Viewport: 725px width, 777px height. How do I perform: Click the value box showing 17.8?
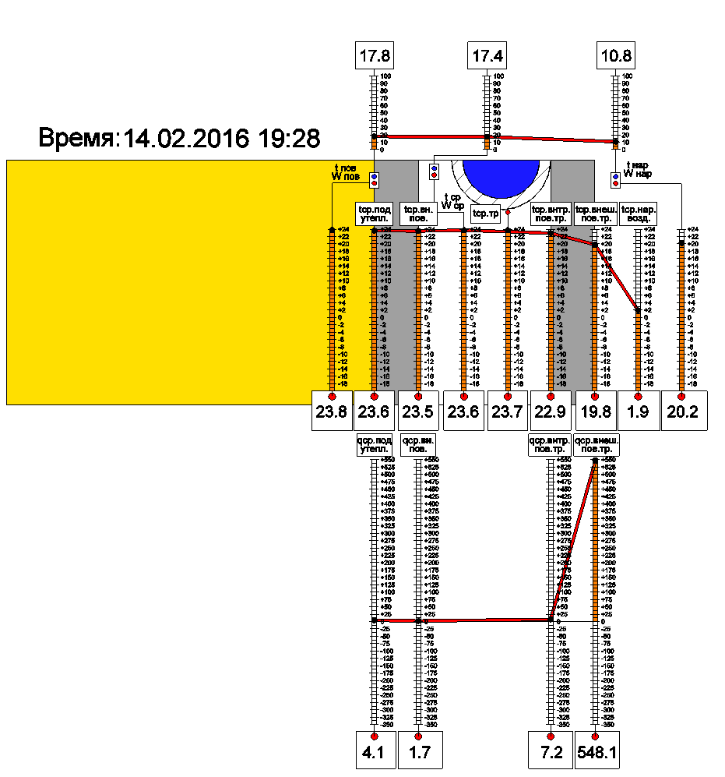click(x=375, y=57)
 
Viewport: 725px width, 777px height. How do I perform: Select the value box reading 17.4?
click(x=487, y=57)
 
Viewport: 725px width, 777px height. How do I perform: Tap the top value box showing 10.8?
click(x=616, y=57)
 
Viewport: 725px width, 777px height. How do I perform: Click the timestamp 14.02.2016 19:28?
click(x=222, y=139)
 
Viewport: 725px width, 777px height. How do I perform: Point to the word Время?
click(x=77, y=139)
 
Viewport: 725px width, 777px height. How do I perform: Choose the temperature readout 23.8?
click(x=331, y=411)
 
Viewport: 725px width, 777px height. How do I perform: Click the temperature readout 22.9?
click(x=551, y=411)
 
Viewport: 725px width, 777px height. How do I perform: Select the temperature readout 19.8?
click(x=596, y=411)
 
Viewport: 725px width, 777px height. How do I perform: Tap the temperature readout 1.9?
click(x=639, y=411)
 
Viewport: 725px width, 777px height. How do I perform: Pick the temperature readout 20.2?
click(x=683, y=411)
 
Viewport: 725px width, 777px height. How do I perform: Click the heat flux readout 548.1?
click(x=596, y=752)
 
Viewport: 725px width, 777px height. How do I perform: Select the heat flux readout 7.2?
click(x=551, y=752)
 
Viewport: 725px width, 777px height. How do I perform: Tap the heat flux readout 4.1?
click(x=374, y=752)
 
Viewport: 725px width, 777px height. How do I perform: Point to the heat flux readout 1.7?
click(x=419, y=752)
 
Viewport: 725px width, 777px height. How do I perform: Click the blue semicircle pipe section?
click(x=501, y=177)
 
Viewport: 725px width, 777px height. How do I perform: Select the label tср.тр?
click(x=486, y=213)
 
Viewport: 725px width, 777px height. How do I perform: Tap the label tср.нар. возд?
click(x=639, y=214)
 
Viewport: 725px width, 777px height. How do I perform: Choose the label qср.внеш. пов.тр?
click(x=595, y=446)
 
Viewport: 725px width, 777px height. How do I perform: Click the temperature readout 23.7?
click(x=508, y=411)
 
